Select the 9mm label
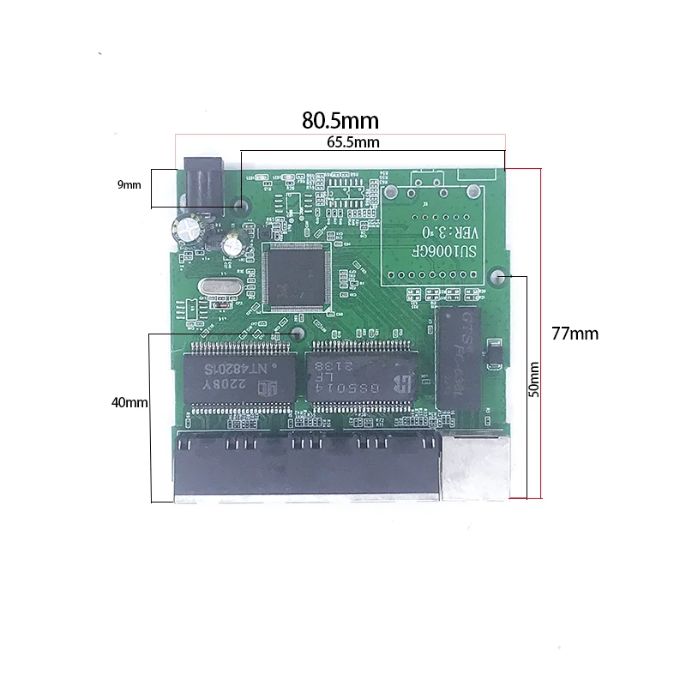(129, 184)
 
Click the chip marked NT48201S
(238, 375)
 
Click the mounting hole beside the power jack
(243, 206)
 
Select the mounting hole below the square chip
(298, 333)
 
